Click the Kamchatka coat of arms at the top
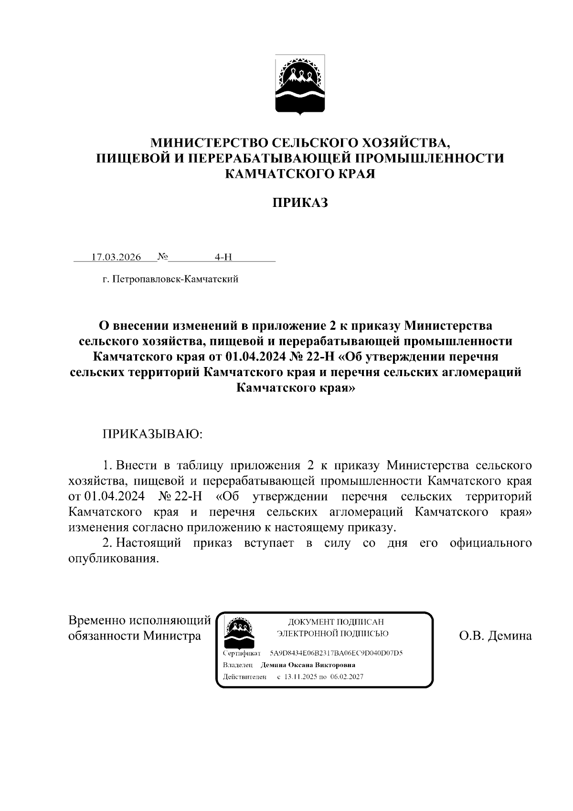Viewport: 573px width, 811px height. click(x=300, y=85)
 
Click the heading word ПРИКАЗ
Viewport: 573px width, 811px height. click(x=300, y=203)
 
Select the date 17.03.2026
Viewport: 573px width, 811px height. click(x=116, y=257)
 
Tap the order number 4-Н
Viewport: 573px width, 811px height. click(x=223, y=257)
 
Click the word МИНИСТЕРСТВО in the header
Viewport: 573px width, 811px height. click(x=209, y=142)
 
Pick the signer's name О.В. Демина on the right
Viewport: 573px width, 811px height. click(x=495, y=636)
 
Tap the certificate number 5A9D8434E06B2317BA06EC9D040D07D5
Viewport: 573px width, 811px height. click(x=336, y=653)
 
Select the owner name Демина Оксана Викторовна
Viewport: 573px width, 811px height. click(x=308, y=665)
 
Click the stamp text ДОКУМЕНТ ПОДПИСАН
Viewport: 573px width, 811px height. click(x=336, y=622)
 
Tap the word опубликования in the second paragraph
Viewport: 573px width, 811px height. click(x=113, y=558)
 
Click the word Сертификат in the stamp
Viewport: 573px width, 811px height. click(x=242, y=653)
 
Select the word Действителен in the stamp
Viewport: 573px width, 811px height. click(x=244, y=677)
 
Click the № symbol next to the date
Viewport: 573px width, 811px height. click(x=163, y=257)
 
